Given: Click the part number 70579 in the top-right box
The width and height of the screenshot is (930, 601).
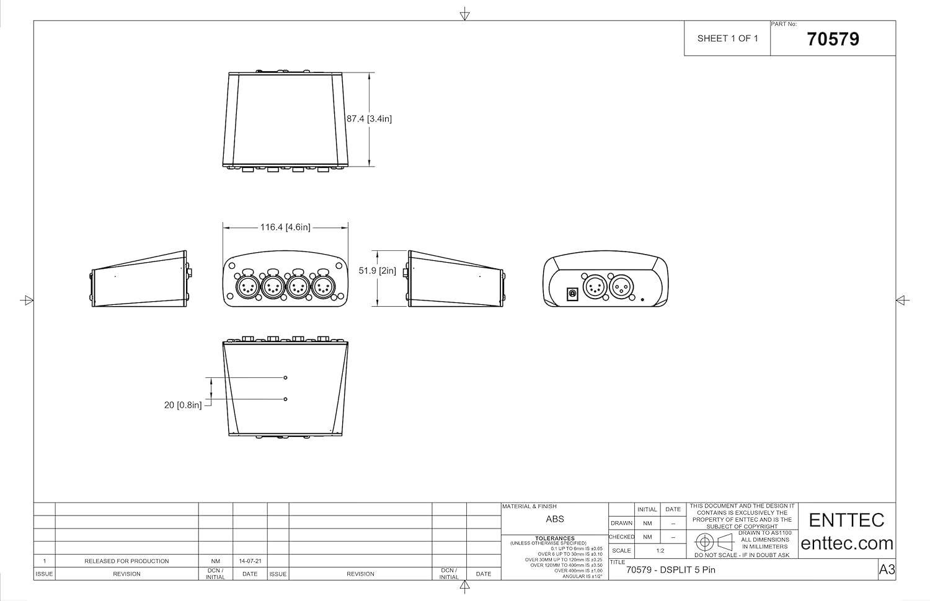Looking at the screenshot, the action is [833, 39].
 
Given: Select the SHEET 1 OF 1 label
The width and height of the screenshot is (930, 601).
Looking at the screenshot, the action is [727, 38].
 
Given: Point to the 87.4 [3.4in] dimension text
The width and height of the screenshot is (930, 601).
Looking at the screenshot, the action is [369, 118].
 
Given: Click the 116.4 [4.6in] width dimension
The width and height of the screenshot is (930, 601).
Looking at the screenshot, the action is [285, 227].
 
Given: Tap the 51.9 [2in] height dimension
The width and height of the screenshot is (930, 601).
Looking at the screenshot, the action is [378, 271].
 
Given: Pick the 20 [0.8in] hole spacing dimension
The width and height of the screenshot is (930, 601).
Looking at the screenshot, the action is [183, 405].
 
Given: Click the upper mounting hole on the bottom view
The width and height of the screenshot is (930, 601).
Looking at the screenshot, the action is [285, 377].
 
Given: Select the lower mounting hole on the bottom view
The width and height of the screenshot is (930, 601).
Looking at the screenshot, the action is [285, 399].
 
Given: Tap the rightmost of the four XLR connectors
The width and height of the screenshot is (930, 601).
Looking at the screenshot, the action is [324, 286].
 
